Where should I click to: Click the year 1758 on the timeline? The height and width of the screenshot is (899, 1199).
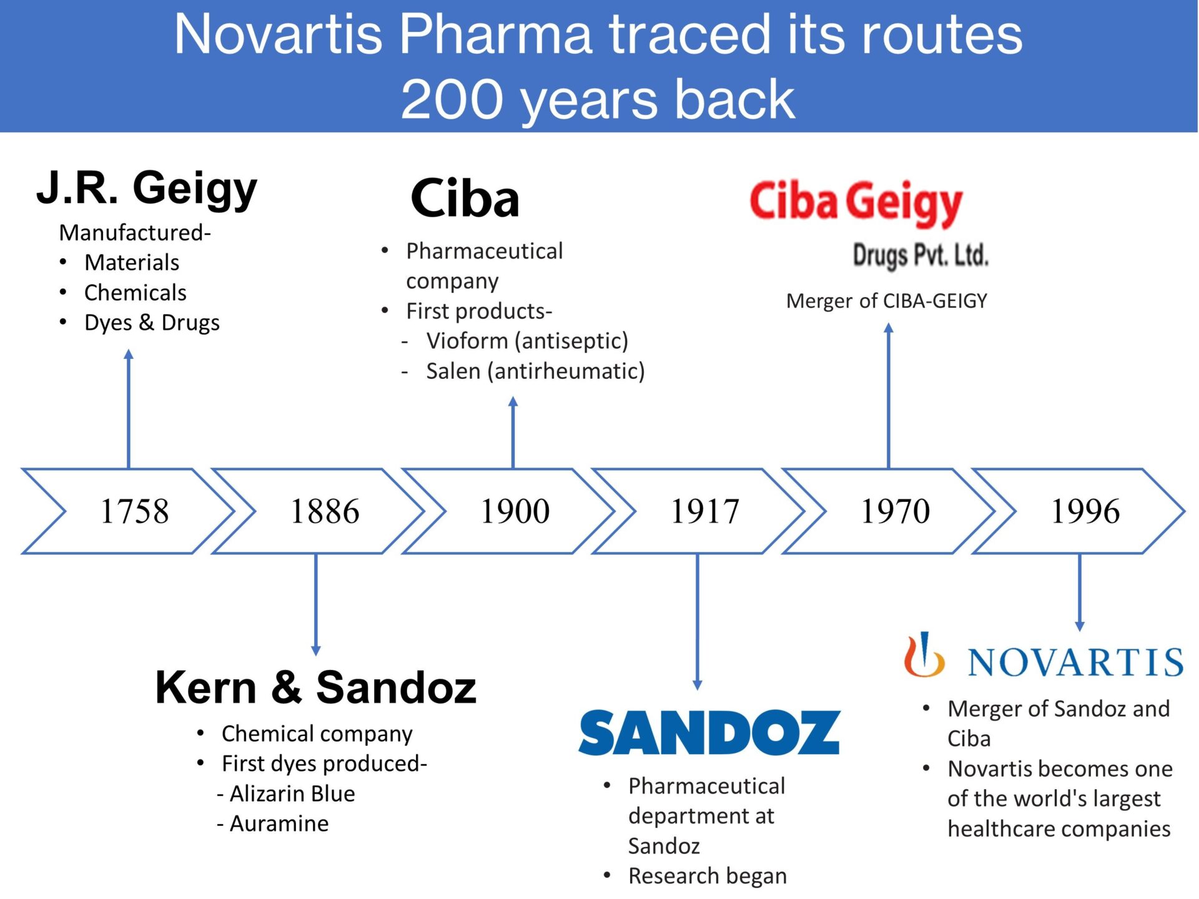point(134,511)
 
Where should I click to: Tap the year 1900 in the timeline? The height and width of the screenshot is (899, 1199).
point(515,511)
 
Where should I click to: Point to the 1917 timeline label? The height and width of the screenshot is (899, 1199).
point(704,511)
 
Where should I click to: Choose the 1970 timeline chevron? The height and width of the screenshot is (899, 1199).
point(895,511)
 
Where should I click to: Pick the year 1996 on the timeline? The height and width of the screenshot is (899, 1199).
point(1085,511)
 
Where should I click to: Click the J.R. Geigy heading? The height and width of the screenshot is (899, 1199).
point(147,188)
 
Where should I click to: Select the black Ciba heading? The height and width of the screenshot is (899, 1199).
point(465,199)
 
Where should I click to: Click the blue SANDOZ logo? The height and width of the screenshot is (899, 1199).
point(709,732)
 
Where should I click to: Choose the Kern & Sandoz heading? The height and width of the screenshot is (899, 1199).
point(315,687)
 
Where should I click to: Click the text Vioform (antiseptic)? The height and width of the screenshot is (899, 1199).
point(527,341)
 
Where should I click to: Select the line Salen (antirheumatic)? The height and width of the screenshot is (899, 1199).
point(535,371)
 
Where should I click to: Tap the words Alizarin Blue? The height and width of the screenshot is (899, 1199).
point(292,793)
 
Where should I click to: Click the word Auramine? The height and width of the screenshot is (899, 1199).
point(279,823)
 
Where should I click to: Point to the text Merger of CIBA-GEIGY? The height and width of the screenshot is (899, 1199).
point(886,301)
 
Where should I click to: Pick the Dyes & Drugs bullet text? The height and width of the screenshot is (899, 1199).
point(152,323)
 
